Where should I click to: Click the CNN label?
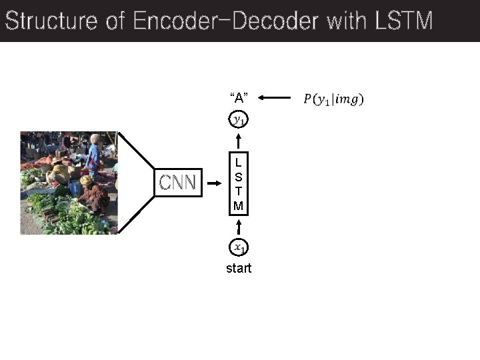tap(177, 182)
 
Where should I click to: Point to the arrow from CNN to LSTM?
tap(215, 182)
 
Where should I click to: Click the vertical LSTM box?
tap(238, 184)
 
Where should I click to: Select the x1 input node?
tap(239, 247)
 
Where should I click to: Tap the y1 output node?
tap(239, 120)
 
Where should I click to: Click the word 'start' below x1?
tap(239, 269)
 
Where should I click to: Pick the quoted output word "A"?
tap(239, 98)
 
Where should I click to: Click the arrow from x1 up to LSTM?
tap(239, 227)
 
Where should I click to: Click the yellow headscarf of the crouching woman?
tap(87, 180)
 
